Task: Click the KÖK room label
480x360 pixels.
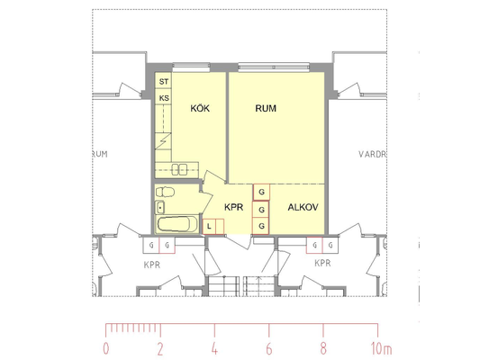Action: click(200, 108)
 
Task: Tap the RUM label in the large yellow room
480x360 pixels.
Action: click(266, 108)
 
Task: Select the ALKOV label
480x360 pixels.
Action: click(303, 207)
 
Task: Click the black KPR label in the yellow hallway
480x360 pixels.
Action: click(234, 207)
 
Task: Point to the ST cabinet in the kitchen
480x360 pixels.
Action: click(164, 80)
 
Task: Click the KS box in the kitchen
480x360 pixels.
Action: click(164, 97)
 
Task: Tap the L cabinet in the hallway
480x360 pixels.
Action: click(209, 227)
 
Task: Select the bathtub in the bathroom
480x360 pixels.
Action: click(177, 224)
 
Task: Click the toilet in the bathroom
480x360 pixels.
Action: click(165, 192)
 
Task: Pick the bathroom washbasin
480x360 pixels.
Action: click(160, 207)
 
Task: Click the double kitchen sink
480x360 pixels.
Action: click(179, 169)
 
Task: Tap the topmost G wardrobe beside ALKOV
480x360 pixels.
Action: click(261, 192)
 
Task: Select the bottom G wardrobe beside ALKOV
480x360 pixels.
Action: click(260, 226)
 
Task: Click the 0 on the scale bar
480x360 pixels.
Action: click(106, 348)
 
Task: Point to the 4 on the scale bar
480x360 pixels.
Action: click(214, 348)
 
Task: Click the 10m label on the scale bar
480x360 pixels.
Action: click(382, 348)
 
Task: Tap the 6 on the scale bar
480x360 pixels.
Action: click(269, 348)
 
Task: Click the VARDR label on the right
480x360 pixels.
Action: click(373, 154)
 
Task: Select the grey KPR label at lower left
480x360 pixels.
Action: click(152, 265)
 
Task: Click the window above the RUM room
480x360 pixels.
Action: click(274, 67)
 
